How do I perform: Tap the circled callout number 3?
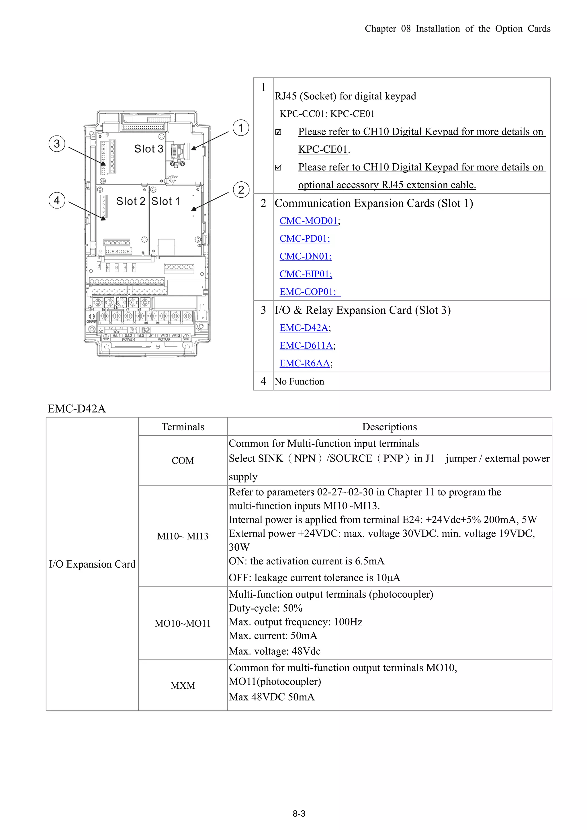tap(57, 144)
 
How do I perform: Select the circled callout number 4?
tap(57, 200)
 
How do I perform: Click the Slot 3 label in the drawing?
tap(149, 149)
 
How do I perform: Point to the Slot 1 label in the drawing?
tap(165, 201)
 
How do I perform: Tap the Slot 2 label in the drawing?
tap(131, 201)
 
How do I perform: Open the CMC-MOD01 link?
tap(308, 221)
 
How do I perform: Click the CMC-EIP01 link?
tap(306, 274)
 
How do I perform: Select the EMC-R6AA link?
tap(304, 363)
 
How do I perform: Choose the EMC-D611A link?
tap(306, 346)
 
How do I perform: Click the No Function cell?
tap(299, 381)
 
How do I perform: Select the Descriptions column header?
tap(389, 427)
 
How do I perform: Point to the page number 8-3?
tap(299, 814)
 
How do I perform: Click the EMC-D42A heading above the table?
tap(77, 409)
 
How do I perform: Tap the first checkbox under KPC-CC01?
tap(278, 132)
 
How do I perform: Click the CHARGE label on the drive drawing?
tap(91, 321)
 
